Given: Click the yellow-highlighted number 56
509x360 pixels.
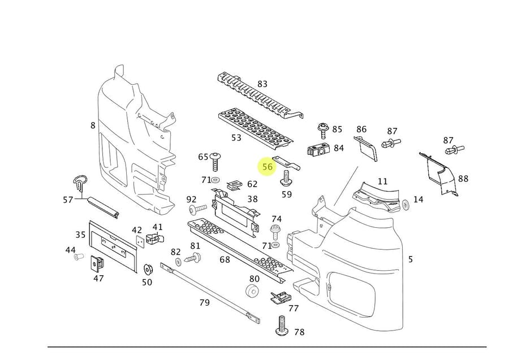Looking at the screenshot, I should tap(268, 167).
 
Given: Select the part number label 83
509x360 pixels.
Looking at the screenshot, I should tap(262, 84).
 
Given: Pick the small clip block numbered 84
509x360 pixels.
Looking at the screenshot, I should tap(318, 150).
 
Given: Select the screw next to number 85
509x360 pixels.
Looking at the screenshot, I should tap(323, 129).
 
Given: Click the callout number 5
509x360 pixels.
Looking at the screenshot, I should tap(410, 259).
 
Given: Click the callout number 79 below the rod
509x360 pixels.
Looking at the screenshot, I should tap(204, 302).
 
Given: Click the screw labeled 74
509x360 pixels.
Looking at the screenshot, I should tap(275, 231).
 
